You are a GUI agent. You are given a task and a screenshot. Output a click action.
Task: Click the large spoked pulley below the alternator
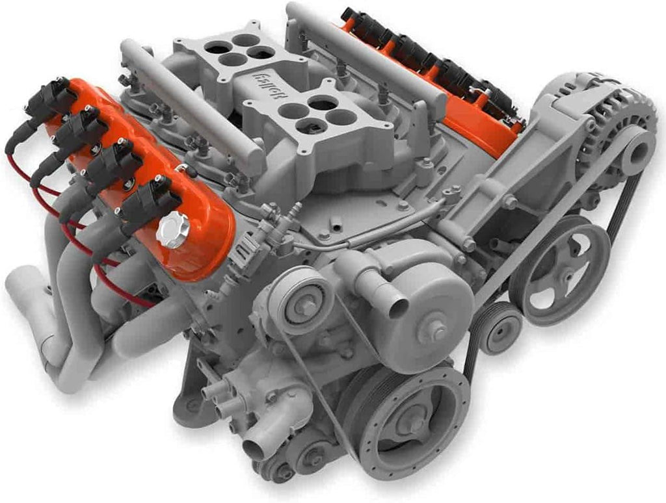point(559,270)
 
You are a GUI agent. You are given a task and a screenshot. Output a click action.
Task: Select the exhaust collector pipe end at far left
point(20,286)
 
